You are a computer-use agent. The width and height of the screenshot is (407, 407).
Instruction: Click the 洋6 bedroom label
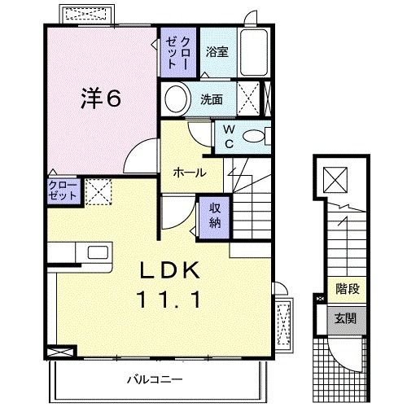[101, 98]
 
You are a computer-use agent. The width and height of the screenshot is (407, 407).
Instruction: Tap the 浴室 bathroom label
[217, 52]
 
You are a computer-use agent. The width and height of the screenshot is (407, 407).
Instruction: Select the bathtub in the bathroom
[254, 52]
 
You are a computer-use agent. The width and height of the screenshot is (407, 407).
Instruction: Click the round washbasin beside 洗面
[176, 98]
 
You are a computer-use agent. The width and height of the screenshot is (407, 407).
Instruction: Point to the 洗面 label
[212, 99]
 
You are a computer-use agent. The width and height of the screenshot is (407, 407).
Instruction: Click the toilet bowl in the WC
[253, 136]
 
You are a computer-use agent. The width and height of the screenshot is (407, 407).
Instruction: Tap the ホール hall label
[190, 173]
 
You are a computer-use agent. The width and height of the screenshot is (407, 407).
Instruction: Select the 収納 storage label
[215, 216]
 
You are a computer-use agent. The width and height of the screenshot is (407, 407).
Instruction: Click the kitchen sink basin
[98, 252]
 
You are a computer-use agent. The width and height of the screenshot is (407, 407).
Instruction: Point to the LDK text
[170, 270]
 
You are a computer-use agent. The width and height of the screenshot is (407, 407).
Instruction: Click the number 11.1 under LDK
[170, 300]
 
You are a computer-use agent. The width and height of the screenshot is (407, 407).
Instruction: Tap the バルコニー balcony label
[155, 379]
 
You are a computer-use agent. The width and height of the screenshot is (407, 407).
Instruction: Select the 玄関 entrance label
[345, 318]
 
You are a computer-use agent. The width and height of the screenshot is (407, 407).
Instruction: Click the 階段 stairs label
[348, 289]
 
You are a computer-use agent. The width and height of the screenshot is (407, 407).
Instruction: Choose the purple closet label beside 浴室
[177, 52]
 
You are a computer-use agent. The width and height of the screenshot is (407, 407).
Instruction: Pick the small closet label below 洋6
[63, 190]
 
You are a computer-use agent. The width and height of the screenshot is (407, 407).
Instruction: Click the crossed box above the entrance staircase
[335, 179]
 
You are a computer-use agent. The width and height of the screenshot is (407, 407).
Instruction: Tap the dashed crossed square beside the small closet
[98, 191]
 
